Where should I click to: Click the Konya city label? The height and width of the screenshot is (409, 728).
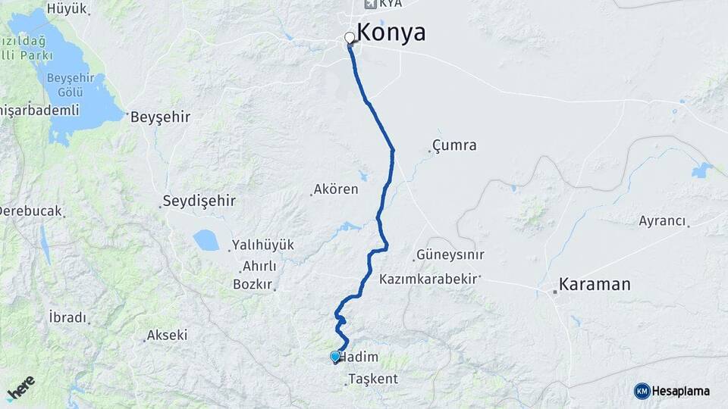pos(391,33)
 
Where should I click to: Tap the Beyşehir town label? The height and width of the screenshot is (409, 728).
pos(160,117)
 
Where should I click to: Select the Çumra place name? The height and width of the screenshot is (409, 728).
pos(454,145)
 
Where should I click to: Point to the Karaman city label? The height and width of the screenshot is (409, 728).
pos(595,285)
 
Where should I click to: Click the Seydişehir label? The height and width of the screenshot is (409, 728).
pos(199,201)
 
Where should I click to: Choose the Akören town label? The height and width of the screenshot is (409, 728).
pos(337,189)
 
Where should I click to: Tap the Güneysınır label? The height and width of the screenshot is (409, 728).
pos(450,255)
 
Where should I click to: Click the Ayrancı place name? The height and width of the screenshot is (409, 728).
pos(662,221)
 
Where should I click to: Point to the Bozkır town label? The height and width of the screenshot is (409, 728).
pos(253,285)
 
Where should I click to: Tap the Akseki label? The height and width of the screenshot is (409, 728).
pos(167,335)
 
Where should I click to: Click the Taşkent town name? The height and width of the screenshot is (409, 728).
pos(373,379)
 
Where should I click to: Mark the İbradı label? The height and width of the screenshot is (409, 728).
pos(67,317)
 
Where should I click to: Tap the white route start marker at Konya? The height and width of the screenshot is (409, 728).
pos(350,37)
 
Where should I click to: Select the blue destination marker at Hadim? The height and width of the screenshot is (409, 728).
pos(335,356)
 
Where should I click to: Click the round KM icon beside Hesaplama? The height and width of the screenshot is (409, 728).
pos(642,391)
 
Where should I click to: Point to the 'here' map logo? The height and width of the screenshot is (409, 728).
pos(20,388)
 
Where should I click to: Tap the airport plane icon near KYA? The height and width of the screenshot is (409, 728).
pos(370,4)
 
